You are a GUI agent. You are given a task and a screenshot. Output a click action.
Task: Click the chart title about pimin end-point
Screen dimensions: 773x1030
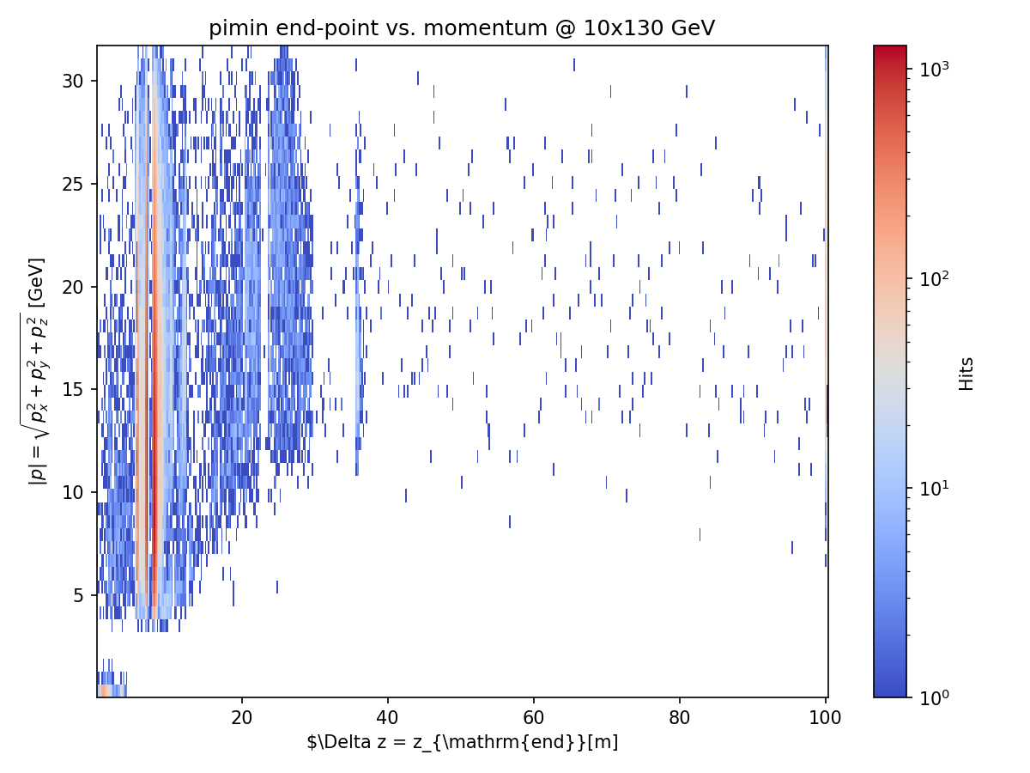click(462, 28)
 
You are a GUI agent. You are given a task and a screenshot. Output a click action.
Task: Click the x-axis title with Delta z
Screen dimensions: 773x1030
click(462, 742)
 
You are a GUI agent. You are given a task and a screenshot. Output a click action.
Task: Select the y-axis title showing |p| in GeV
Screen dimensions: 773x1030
click(38, 371)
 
